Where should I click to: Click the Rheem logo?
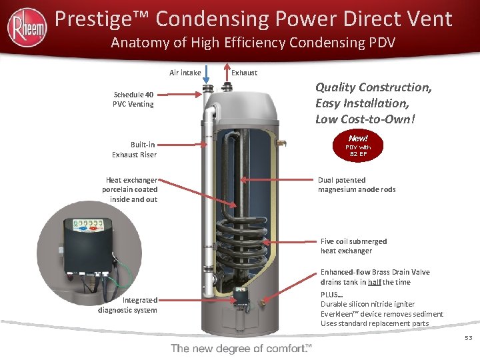pos(27,27)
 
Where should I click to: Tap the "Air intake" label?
pos(185,73)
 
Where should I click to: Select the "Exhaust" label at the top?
pos(244,73)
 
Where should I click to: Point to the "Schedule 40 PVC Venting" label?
pos(133,99)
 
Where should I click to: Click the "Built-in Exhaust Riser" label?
pos(134,149)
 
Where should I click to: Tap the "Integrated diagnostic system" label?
pos(127,305)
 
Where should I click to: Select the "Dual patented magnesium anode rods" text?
pos(357,185)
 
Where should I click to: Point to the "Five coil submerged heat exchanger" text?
pos(353,246)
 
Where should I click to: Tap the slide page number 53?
pos(468,339)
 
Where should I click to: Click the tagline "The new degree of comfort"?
pos(241,348)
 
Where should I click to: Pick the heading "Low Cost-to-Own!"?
pos(365,119)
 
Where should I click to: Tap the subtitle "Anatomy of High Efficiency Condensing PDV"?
pos(253,44)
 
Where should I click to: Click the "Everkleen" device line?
pos(382,314)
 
